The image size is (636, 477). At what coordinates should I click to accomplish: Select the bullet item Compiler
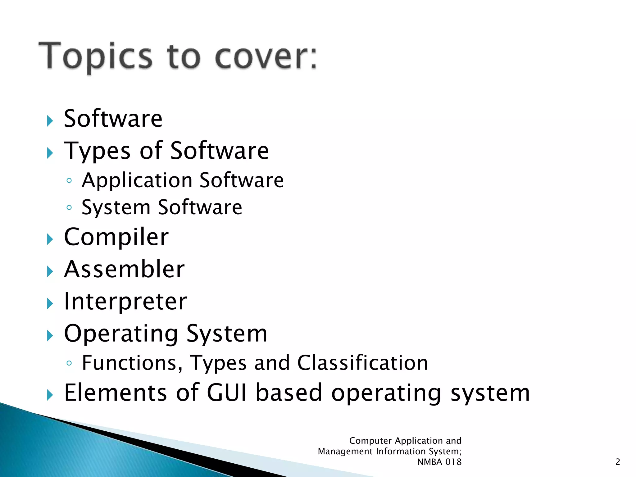(116, 237)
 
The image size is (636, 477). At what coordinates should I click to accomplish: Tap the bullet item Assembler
(124, 269)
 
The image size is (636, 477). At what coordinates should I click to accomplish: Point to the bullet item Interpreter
(125, 302)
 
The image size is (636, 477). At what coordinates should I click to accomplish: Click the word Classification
(362, 363)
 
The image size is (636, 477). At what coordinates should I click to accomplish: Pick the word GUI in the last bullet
(227, 393)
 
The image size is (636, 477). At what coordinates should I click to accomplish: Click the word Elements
(116, 393)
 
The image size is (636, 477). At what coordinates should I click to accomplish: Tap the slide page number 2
(617, 462)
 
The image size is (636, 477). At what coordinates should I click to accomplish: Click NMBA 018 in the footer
(439, 462)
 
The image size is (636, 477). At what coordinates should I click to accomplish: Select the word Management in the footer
(345, 451)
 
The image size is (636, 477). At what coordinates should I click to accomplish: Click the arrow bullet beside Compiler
(50, 239)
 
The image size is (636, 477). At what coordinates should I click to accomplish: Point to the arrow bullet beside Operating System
(50, 336)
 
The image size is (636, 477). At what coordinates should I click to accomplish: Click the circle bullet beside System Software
(69, 207)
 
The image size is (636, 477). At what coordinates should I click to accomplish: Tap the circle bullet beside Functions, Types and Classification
(69, 363)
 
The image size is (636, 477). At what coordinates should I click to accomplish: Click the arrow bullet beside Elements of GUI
(50, 395)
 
